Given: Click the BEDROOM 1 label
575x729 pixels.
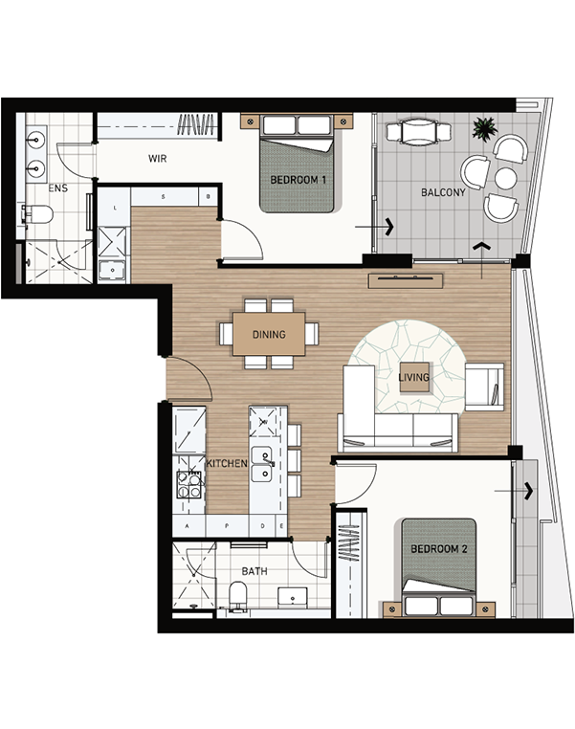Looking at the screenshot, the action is pos(298,180).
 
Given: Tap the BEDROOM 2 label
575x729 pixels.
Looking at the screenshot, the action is pos(439,548).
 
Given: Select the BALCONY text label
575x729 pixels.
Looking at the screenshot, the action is pos(443,192).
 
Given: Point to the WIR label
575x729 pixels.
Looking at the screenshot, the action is pos(158,159).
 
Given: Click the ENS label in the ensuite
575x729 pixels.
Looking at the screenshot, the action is pos(58,188).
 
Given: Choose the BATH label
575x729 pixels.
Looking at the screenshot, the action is pos(254,571).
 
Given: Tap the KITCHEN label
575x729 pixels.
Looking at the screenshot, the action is pos(227,464).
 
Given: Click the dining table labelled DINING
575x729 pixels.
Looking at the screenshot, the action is pos(269,334).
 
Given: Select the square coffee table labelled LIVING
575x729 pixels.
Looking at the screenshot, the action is pos(413,377).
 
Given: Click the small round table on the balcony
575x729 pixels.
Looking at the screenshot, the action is pos(506,179).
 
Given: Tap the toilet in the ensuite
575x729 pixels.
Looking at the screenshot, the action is pos(38,214).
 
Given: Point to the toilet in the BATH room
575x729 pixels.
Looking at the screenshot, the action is pos(238,595).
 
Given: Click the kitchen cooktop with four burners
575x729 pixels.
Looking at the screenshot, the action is pos(189,484).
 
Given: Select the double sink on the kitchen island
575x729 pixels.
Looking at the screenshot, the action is pos(262,464).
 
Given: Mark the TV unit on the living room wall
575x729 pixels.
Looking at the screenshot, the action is pos(406,281).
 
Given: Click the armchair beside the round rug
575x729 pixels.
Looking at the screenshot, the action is pos(484,387).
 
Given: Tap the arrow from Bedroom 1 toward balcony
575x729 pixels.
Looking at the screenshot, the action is pos(374,227).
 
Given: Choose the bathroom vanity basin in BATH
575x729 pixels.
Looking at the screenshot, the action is pos(293,597).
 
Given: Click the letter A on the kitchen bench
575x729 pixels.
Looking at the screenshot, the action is pos(188,526).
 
